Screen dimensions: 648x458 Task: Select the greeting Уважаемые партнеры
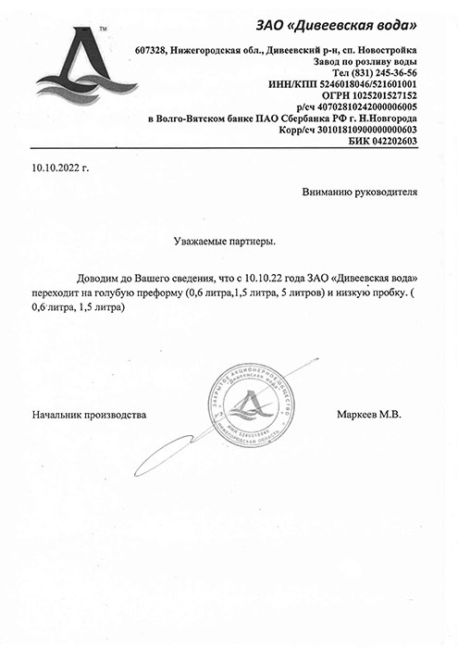click(x=225, y=241)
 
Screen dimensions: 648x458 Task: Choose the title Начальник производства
click(x=89, y=415)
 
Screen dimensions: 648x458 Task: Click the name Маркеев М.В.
click(x=368, y=415)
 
